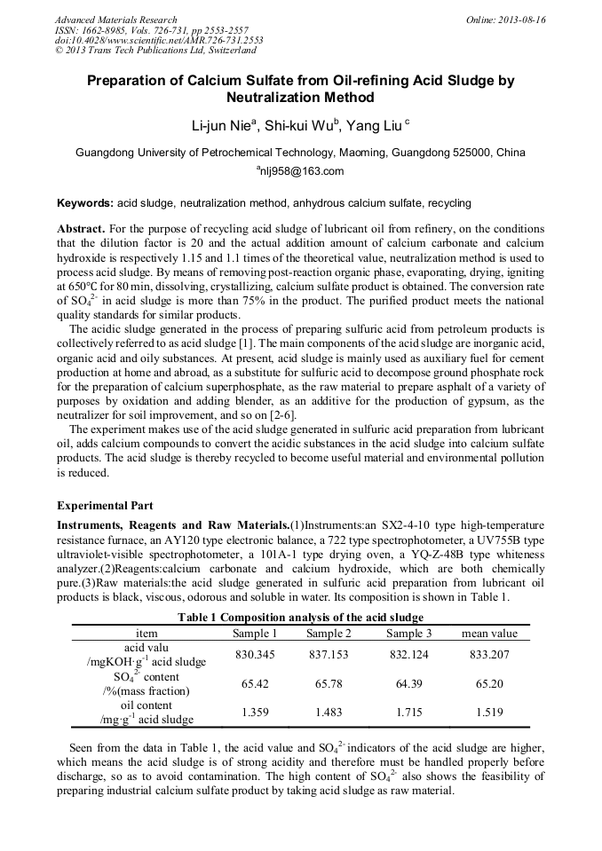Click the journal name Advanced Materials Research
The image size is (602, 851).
click(x=115, y=20)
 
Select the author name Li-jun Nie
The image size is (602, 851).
click(x=222, y=125)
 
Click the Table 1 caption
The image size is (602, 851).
click(x=300, y=617)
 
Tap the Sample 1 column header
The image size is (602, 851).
click(x=255, y=633)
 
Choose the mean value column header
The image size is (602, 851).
click(x=489, y=633)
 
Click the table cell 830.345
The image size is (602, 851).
click(x=255, y=654)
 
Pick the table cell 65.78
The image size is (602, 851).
click(x=329, y=684)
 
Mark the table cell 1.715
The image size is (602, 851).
click(x=409, y=712)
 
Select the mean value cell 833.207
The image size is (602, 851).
click(x=489, y=654)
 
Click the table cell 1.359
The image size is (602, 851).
click(x=255, y=712)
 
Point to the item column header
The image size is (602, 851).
click(x=147, y=633)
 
